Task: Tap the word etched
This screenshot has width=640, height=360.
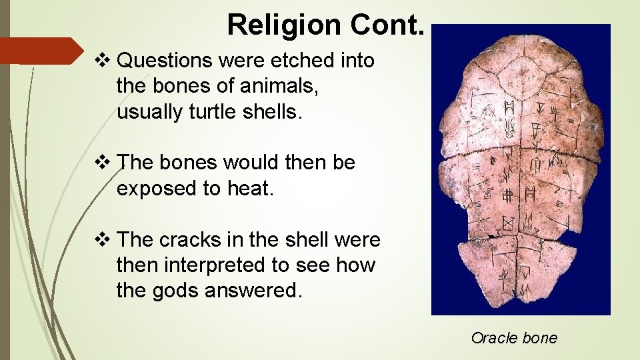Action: [304, 61]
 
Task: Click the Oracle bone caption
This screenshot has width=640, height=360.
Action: [513, 338]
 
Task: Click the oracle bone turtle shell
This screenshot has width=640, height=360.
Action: [520, 167]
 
